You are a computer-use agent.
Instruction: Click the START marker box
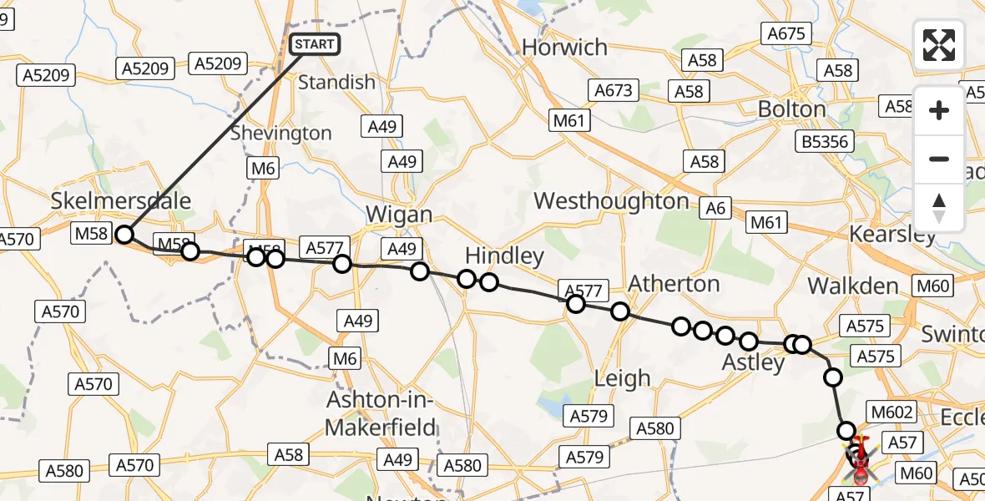click(x=315, y=44)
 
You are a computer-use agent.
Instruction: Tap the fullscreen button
click(x=939, y=45)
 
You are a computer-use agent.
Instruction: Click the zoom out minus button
click(x=939, y=159)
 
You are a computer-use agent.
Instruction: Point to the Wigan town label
click(x=399, y=215)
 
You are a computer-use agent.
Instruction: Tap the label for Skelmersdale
click(x=120, y=200)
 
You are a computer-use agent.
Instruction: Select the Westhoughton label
click(x=611, y=201)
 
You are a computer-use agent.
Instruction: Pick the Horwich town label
click(x=564, y=48)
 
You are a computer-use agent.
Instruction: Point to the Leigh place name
click(x=622, y=378)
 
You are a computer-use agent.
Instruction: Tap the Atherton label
click(x=673, y=284)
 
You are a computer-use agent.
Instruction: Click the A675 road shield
click(x=785, y=33)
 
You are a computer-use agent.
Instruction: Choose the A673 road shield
click(x=613, y=90)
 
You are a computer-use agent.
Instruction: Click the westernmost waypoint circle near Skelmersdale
click(x=124, y=235)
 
